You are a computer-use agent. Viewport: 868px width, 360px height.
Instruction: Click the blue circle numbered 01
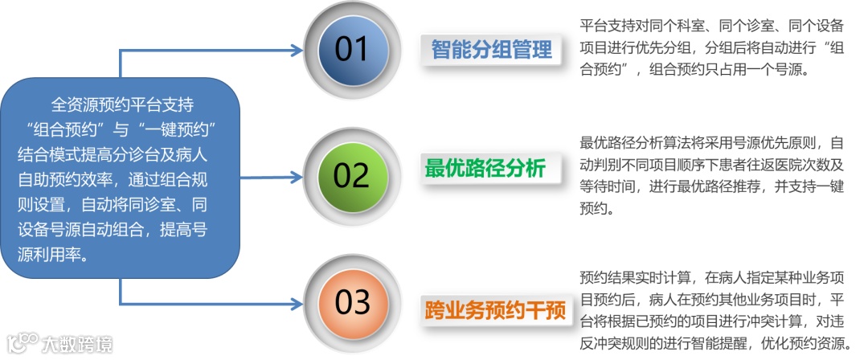pyautogui.click(x=350, y=50)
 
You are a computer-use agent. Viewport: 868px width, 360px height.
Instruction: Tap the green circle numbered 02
pyautogui.click(x=350, y=174)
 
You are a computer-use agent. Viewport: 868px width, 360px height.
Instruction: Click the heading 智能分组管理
pyautogui.click(x=492, y=50)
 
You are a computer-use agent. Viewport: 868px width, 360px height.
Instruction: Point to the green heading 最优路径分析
pyautogui.click(x=485, y=169)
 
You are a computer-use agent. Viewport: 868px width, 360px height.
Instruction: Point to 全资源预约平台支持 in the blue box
pyautogui.click(x=122, y=105)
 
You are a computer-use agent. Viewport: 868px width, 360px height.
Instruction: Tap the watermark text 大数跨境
pyautogui.click(x=78, y=344)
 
